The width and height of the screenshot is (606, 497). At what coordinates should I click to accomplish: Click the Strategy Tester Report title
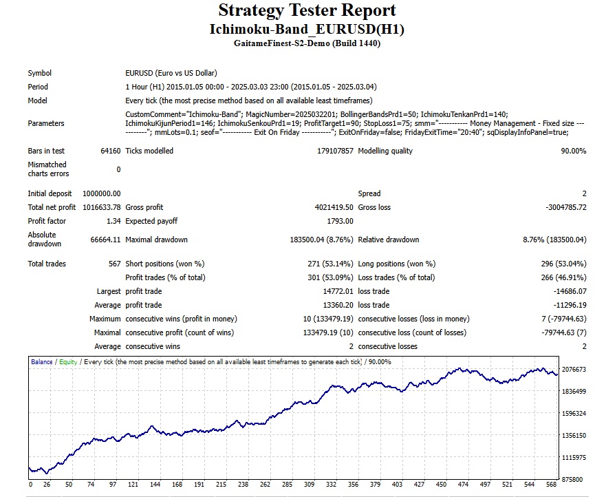307,11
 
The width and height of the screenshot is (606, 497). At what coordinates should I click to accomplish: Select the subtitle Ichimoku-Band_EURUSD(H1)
307,30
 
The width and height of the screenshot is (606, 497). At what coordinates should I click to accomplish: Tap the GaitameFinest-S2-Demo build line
307,43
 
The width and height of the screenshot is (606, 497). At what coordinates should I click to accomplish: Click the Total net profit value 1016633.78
101,207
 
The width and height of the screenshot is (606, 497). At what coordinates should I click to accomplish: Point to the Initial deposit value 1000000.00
101,193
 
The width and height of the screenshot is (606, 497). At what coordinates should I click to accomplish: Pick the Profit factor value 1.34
113,221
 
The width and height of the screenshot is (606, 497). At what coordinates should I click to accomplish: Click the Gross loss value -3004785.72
560,207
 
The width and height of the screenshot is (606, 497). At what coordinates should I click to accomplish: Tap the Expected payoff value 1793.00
340,221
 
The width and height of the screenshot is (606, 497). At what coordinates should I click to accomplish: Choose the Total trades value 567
113,264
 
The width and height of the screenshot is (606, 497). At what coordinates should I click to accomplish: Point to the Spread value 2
584,193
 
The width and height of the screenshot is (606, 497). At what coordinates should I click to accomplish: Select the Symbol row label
39,73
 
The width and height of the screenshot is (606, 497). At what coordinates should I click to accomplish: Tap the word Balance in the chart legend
41,361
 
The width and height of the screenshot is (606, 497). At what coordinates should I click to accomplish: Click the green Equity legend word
68,361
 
